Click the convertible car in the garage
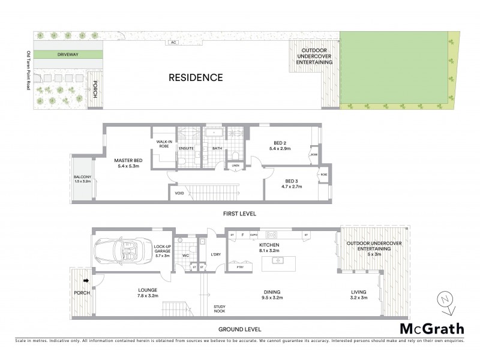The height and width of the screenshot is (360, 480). [x=119, y=251]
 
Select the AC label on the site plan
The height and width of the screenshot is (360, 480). [x=173, y=43]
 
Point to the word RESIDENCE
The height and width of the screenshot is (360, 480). [x=196, y=77]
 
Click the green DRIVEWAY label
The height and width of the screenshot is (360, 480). [x=67, y=55]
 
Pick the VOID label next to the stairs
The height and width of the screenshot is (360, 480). [x=179, y=194]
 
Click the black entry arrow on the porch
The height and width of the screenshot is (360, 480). [x=86, y=280]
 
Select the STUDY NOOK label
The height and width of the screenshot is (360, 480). [x=220, y=310]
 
